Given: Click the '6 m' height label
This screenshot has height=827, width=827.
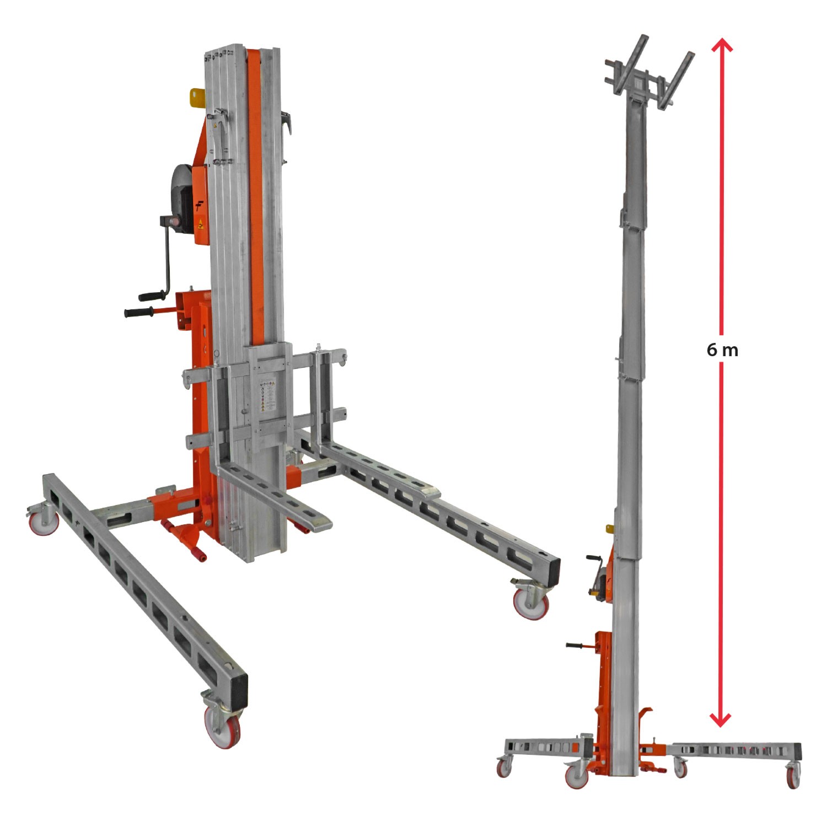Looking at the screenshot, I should pyautogui.click(x=722, y=350).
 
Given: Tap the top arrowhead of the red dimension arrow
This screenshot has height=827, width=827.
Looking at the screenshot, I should pyautogui.click(x=722, y=45).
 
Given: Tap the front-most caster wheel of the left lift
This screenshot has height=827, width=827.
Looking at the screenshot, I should pyautogui.click(x=223, y=726).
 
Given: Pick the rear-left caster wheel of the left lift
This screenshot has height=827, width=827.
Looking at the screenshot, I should pyautogui.click(x=44, y=522).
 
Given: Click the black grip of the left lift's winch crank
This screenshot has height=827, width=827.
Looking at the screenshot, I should pyautogui.click(x=151, y=296).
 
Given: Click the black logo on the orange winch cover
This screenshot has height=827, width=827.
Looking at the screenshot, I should pyautogui.click(x=200, y=206).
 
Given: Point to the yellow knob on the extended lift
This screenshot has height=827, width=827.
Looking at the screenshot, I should pyautogui.click(x=610, y=529).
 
